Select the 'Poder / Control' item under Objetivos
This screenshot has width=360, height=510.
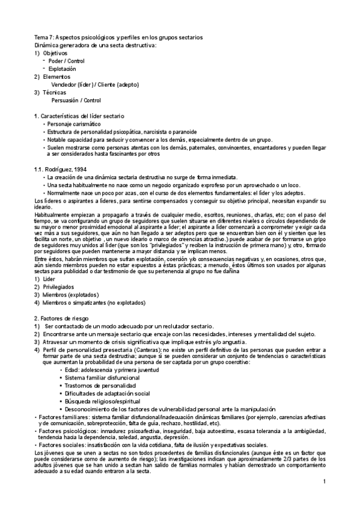tap(67, 61)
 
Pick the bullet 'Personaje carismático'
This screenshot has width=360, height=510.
tap(74, 123)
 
